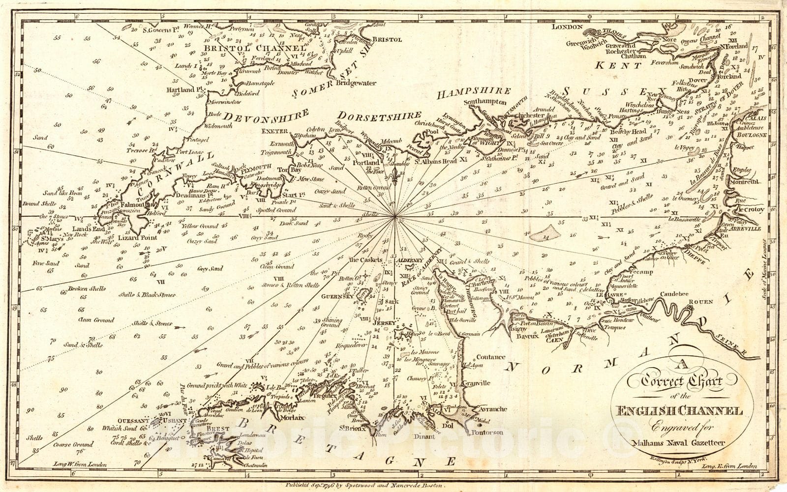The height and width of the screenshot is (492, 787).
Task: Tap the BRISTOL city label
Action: pos(387,39)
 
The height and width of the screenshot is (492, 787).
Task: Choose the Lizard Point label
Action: pos(137,237)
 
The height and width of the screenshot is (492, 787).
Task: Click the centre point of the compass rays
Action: pos(394,216)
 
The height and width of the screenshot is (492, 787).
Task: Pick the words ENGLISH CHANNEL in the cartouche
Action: pos(676,411)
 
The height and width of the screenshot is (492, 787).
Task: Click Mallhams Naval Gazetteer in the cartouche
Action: pos(676,443)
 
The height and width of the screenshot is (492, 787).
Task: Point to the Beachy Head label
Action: pos(628,132)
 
